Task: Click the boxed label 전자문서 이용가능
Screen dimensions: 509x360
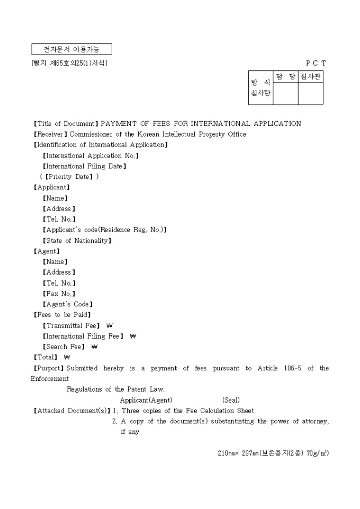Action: click(x=72, y=50)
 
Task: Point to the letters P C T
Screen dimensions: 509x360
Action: click(x=316, y=63)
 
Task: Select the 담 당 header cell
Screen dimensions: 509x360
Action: click(x=285, y=77)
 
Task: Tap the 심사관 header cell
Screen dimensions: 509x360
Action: click(x=310, y=77)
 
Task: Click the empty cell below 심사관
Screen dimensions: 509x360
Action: click(x=310, y=94)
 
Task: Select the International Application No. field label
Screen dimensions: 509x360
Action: click(x=91, y=156)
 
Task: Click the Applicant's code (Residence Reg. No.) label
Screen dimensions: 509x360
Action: click(x=105, y=230)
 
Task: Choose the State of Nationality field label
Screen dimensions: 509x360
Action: click(x=77, y=241)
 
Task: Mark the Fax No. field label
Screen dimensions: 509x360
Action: click(x=59, y=294)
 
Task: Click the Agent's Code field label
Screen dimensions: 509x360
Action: click(x=68, y=304)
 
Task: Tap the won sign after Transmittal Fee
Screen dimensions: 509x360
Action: click(x=110, y=326)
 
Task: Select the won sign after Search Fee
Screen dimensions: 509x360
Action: click(x=95, y=347)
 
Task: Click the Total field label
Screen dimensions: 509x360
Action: click(x=46, y=358)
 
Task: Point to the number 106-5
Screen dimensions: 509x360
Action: click(x=291, y=368)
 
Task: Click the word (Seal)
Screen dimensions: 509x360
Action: click(x=231, y=400)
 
